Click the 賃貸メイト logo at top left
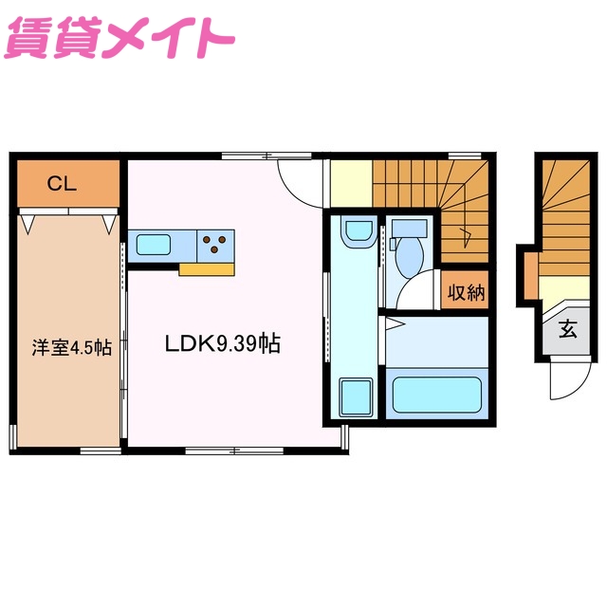(x=120, y=38)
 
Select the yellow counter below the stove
(x=206, y=269)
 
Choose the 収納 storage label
(x=466, y=292)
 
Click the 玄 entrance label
(x=567, y=330)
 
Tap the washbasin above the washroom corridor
(x=358, y=231)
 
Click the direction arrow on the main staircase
(x=464, y=231)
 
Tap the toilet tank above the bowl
(x=410, y=229)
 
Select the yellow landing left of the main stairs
(x=350, y=182)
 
